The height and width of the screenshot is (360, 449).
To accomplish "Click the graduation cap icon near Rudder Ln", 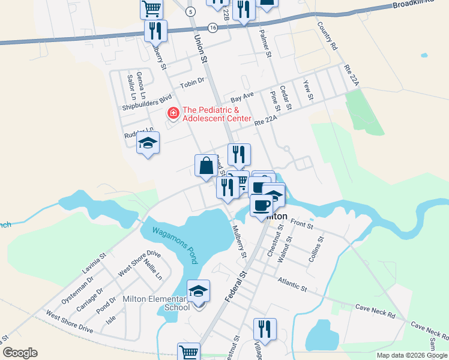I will (148, 143).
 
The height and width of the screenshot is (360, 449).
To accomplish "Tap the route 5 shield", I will (190, 11).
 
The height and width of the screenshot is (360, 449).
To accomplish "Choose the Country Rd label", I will (328, 37).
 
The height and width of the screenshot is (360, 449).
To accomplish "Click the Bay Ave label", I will (243, 96).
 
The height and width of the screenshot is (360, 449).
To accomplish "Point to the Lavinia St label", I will (94, 263).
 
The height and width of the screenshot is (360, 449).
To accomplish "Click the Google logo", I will (20, 353).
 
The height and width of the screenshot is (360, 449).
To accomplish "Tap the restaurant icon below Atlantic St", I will (264, 329).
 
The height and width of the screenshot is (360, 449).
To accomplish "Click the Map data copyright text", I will (412, 355).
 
